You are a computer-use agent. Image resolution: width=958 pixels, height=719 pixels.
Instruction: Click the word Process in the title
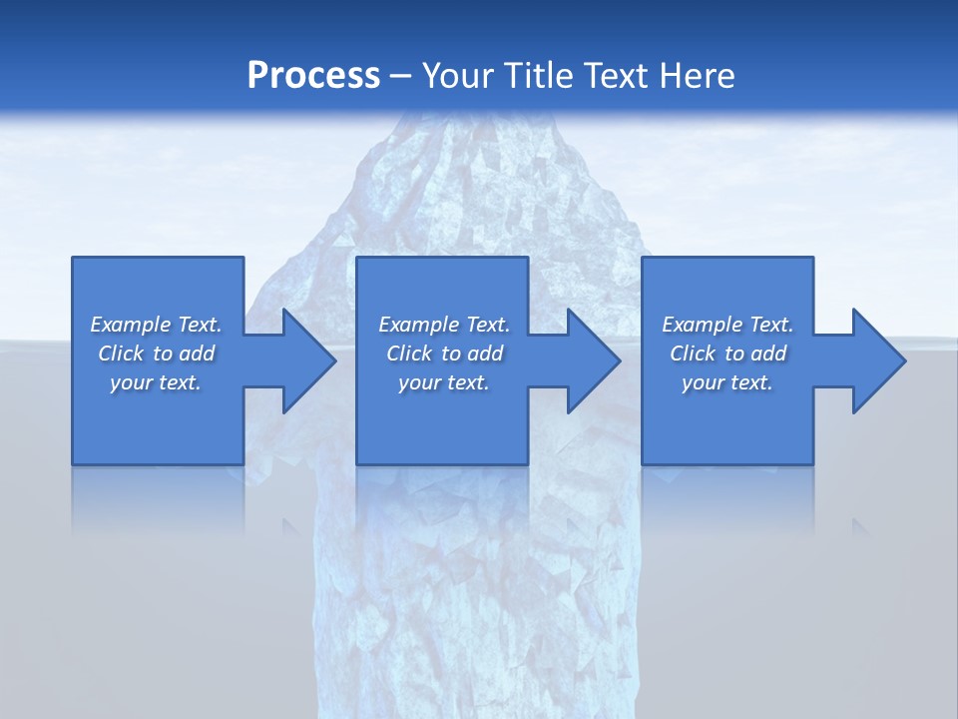click(x=313, y=75)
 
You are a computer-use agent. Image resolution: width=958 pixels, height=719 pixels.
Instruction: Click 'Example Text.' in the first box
click(x=156, y=325)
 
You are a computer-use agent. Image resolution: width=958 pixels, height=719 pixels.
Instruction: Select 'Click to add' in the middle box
click(x=444, y=354)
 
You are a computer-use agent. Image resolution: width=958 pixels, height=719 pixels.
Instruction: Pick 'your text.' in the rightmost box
click(x=726, y=382)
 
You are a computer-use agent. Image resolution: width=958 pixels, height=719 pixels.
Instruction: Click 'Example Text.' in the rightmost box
click(x=727, y=325)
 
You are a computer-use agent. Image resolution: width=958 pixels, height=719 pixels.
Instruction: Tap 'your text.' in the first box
click(x=156, y=382)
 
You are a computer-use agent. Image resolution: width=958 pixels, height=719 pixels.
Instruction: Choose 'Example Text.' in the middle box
click(x=444, y=325)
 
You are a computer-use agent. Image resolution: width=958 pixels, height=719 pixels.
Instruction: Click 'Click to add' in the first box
click(x=156, y=354)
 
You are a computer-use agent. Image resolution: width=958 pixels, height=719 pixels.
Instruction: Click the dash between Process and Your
click(x=400, y=76)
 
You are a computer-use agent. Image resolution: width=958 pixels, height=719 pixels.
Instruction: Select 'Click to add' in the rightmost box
click(x=727, y=354)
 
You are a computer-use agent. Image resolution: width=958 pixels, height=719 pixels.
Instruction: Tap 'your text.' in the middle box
click(x=443, y=382)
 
